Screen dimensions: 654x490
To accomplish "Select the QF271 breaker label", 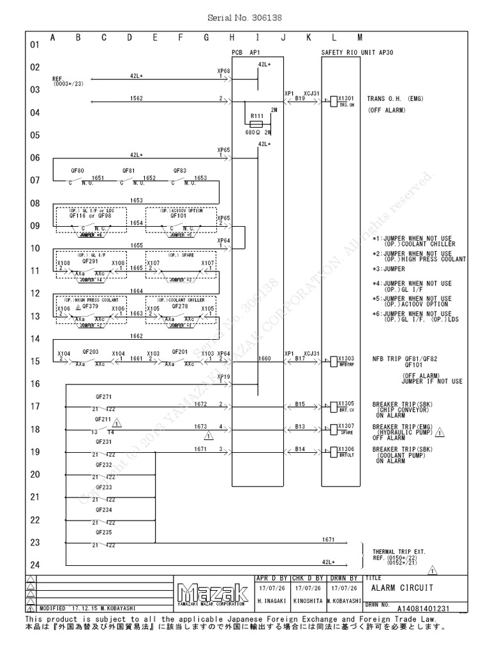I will [x=103, y=396].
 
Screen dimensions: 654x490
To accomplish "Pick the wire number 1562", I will [x=136, y=98].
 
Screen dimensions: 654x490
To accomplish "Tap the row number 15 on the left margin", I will [x=34, y=361].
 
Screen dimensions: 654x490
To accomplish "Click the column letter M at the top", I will [x=359, y=38].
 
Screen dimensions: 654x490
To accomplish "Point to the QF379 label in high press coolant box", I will [x=89, y=305].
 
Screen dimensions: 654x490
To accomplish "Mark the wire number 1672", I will [x=201, y=404].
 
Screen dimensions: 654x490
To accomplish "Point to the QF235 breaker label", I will [x=103, y=532].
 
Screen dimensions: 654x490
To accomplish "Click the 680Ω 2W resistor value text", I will [x=258, y=133].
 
